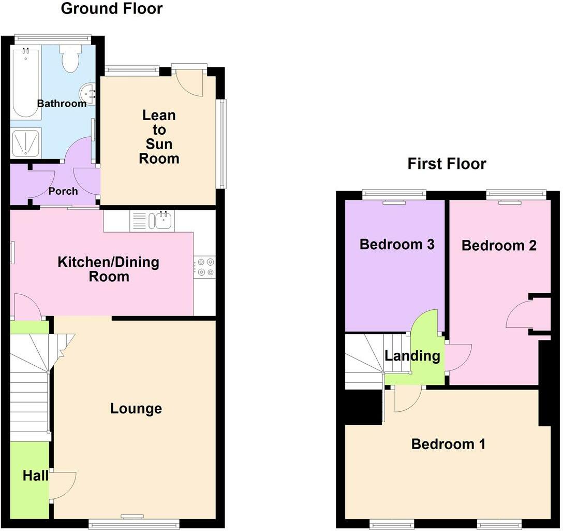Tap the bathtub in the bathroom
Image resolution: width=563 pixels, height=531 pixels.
tap(25, 83)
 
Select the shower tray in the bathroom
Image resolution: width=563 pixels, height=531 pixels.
tap(25, 143)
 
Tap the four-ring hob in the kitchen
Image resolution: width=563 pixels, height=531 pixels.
tap(205, 267)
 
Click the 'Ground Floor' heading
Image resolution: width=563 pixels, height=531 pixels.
tap(112, 9)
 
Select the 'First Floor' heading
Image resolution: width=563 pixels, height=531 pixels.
tap(447, 164)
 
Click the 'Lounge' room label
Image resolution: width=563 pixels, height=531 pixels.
tap(136, 409)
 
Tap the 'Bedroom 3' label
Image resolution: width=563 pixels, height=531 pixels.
tap(397, 245)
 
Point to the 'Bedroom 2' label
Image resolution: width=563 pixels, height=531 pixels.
tap(499, 246)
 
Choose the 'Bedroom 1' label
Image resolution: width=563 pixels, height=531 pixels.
tap(449, 444)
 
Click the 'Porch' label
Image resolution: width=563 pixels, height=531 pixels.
tap(63, 191)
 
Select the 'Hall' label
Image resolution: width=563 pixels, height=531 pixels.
tap(36, 476)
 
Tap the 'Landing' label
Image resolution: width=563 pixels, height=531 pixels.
tap(412, 355)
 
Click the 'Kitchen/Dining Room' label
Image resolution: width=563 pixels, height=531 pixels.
tap(109, 269)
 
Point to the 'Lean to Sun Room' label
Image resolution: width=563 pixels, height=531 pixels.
tap(159, 137)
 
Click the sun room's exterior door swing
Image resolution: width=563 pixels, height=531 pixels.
tap(190, 83)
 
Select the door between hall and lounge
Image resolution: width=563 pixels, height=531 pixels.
tap(63, 485)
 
